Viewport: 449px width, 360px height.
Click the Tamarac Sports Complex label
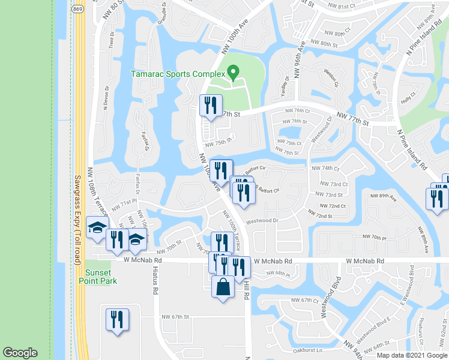177,75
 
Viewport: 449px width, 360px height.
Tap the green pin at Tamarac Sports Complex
233,73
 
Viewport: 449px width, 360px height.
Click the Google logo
20,352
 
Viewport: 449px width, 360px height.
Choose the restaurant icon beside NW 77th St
211,106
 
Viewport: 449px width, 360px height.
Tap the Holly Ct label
410,97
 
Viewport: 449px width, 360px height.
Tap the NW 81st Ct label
345,8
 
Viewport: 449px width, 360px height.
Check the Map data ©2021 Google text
412,355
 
